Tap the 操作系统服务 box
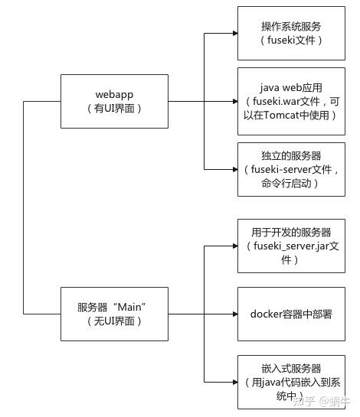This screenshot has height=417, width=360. pyautogui.click(x=292, y=33)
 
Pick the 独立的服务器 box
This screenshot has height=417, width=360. pyautogui.click(x=292, y=167)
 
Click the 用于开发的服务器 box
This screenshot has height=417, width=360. pyautogui.click(x=292, y=245)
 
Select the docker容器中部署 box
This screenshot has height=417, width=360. pyautogui.click(x=292, y=314)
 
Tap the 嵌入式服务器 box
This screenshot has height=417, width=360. pyautogui.click(x=292, y=380)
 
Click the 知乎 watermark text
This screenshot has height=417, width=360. pyautogui.click(x=304, y=399)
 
